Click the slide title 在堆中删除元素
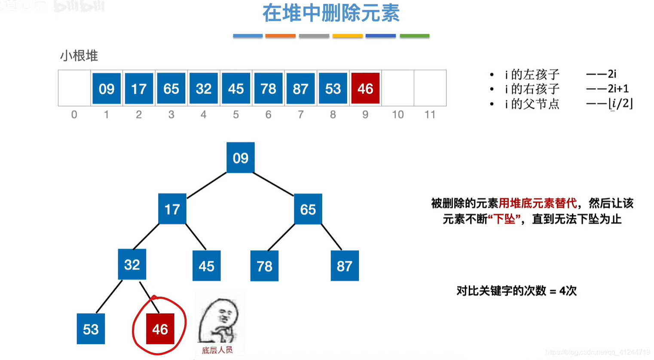tap(331, 13)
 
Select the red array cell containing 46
tap(365, 88)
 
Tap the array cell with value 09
tap(107, 88)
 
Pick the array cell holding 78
tap(268, 88)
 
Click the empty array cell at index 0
tap(74, 88)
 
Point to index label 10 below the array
tap(397, 115)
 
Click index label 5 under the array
tap(236, 115)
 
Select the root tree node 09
tap(241, 158)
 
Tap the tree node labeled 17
tap(172, 209)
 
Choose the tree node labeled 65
tap(308, 209)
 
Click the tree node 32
tap(132, 264)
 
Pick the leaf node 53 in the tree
tap(91, 329)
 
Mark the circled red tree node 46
tap(160, 329)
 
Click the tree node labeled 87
tap(345, 266)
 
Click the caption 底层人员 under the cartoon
tap(217, 350)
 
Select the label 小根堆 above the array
tap(79, 56)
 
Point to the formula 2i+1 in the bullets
tap(618, 89)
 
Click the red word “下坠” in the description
tap(504, 219)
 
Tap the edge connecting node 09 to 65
tap(274, 184)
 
